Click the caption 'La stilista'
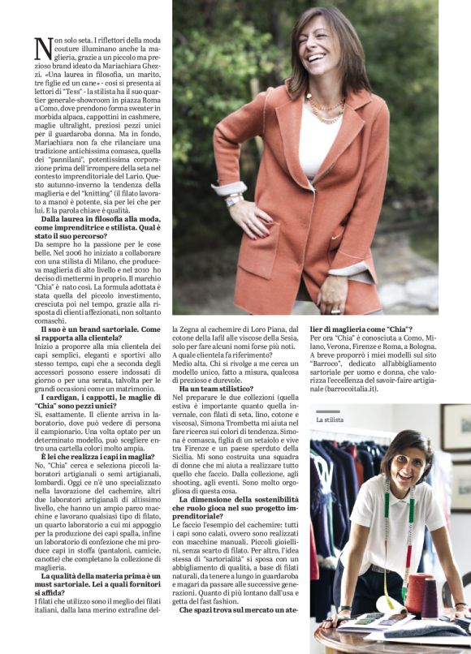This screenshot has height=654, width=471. [329, 420]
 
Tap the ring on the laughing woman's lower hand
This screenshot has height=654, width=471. [335, 310]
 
